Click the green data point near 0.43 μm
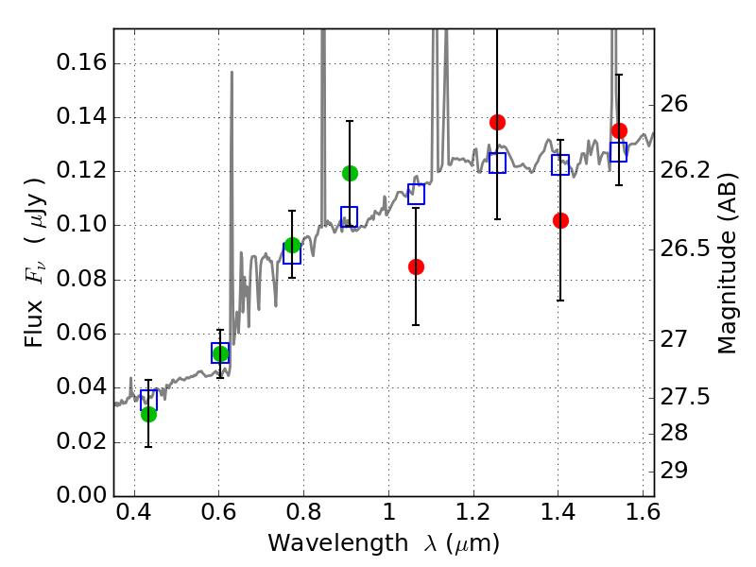coord(149,414)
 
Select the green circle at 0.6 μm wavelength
coord(220,353)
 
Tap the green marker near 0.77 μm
coord(292,245)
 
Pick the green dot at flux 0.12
coord(350,173)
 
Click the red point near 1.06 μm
coord(416,266)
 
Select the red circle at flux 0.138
coord(497,122)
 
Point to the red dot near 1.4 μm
coord(560,221)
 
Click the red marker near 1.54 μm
coord(619,130)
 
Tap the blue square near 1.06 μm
coord(416,194)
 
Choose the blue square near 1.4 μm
coord(560,164)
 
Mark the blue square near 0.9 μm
coord(349,216)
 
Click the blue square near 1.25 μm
coord(497,163)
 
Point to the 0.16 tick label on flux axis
coord(81,62)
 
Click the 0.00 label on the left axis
coord(81,495)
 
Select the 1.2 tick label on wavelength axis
coord(473,512)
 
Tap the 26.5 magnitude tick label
coord(685,249)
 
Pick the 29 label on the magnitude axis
coord(674,471)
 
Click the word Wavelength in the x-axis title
coord(338,543)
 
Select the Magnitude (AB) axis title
coord(728,264)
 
